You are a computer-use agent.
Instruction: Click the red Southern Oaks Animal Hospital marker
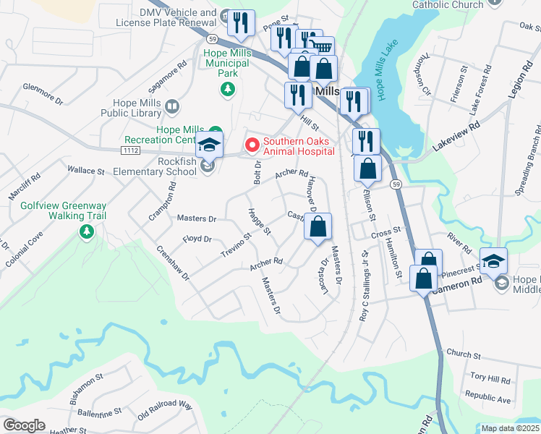point(252,145)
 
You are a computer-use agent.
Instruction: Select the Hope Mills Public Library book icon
point(171,108)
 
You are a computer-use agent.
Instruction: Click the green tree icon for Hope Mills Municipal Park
point(228,89)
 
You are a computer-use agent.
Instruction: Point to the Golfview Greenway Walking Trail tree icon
point(86,231)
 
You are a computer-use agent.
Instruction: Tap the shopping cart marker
point(321,48)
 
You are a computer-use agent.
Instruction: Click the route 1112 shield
point(131,150)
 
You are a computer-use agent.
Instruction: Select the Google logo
point(24,425)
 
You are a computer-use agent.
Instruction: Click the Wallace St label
point(86,171)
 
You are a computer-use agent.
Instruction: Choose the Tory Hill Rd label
point(490,379)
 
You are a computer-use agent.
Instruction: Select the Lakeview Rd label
point(457,135)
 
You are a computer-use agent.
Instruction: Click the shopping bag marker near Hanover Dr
point(318,227)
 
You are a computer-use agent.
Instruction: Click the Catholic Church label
point(448,5)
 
